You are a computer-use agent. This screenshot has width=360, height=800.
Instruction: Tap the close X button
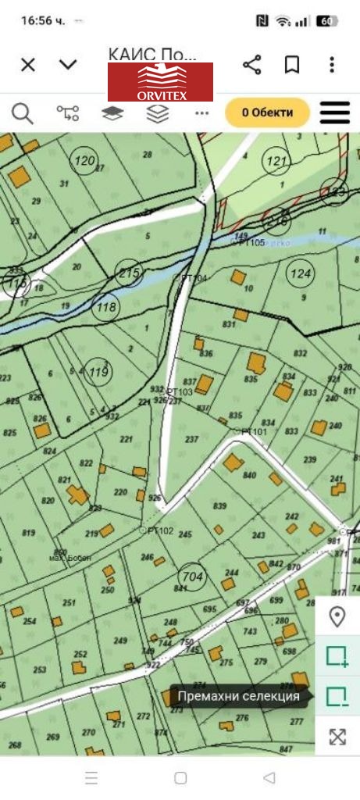click(x=28, y=65)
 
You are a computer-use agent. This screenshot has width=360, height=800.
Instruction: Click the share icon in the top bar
click(x=251, y=65)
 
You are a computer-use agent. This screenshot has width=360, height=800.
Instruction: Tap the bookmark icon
click(x=292, y=65)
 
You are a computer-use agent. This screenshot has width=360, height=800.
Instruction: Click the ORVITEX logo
click(x=160, y=82)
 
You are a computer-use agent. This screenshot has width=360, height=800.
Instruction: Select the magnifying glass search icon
click(x=23, y=113)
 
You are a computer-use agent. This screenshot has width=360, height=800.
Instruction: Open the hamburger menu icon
click(x=335, y=112)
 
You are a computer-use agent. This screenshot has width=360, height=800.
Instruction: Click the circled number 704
click(x=192, y=577)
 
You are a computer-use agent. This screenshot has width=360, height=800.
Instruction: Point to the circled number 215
click(x=130, y=273)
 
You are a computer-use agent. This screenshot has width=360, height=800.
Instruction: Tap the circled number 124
click(x=300, y=273)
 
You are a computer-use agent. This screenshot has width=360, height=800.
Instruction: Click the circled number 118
click(x=105, y=307)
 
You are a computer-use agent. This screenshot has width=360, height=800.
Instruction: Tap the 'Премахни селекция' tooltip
click(x=238, y=696)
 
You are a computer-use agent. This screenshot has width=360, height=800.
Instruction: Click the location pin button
click(x=337, y=617)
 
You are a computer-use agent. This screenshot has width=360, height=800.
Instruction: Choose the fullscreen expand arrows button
click(x=337, y=736)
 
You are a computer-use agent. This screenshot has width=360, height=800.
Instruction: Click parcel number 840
click(x=250, y=476)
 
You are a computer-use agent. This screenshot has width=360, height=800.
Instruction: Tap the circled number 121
click(x=276, y=162)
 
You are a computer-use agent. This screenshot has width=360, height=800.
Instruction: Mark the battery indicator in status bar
click(x=327, y=21)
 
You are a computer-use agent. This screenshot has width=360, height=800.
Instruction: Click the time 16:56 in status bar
click(x=43, y=21)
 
